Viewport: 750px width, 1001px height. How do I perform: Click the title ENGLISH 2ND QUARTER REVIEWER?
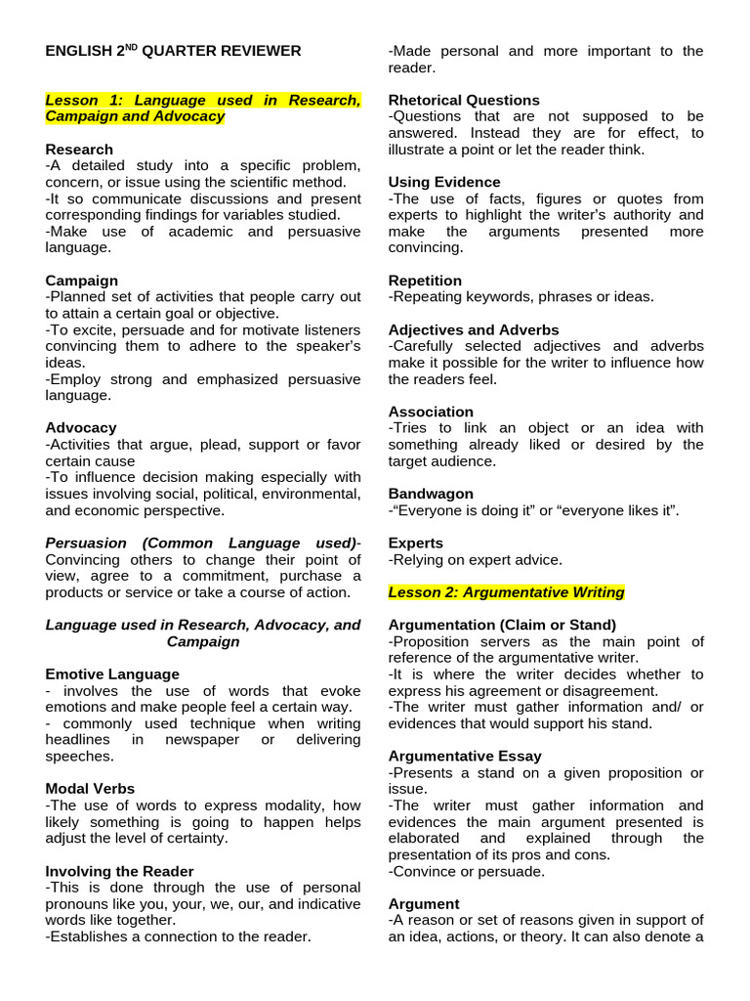[173, 51]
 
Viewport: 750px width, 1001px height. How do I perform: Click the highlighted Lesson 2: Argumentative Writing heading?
[506, 592]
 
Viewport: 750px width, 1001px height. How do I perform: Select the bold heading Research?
[79, 150]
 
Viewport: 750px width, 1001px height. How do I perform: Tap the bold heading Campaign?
[81, 281]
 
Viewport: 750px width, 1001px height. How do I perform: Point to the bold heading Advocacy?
[81, 427]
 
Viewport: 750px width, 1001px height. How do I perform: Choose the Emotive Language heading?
[112, 674]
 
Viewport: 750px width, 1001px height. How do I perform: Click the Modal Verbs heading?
[90, 788]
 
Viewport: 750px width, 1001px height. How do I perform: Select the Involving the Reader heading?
[119, 870]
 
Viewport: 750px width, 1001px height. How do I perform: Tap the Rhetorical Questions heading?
[464, 100]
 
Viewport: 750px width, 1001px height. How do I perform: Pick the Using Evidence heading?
[444, 182]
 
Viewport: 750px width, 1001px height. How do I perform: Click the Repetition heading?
[425, 281]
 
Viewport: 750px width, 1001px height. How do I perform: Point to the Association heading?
[431, 412]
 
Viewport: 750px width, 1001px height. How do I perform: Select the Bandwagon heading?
[431, 494]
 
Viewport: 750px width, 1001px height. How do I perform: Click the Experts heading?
[416, 543]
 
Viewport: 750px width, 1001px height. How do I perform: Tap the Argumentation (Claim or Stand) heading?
[502, 625]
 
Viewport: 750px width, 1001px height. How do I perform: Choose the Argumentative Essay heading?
[465, 756]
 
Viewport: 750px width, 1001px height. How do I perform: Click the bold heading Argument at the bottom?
[424, 903]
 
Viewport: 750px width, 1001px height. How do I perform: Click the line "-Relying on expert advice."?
[476, 559]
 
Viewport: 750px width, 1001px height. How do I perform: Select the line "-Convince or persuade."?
[467, 871]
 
